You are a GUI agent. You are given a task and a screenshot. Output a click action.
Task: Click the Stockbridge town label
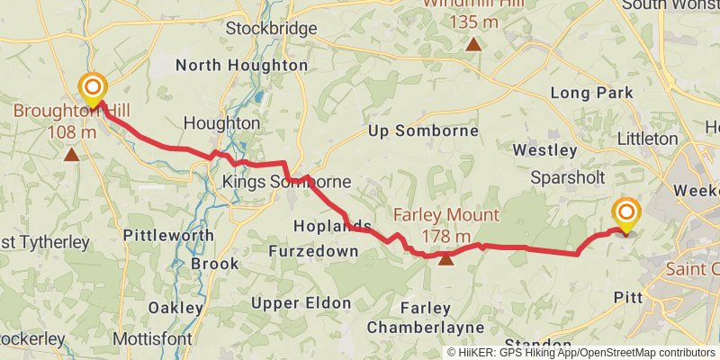pyautogui.click(x=271, y=29)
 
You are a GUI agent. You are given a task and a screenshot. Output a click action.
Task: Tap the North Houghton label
pyautogui.click(x=241, y=66)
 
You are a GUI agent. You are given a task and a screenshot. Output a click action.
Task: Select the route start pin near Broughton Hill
pyautogui.click(x=93, y=89)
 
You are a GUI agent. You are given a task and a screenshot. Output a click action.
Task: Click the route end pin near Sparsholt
pyautogui.click(x=625, y=214)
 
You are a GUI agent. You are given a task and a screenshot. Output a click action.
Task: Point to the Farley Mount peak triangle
pyautogui.click(x=445, y=259)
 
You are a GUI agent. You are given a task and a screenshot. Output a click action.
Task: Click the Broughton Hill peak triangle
pyautogui.click(x=71, y=154)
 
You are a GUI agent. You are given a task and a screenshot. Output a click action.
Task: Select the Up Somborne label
pyautogui.click(x=423, y=131)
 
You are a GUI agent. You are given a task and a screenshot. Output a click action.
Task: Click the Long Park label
pyautogui.click(x=591, y=93)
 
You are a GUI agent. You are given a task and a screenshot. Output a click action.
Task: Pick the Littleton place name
pyautogui.click(x=648, y=139)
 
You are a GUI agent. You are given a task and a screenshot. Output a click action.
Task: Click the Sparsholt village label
pyautogui.click(x=567, y=176)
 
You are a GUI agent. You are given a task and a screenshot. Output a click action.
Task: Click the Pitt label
pyautogui.click(x=626, y=297)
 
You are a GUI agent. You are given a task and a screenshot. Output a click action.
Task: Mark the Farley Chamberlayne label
pyautogui.click(x=425, y=317)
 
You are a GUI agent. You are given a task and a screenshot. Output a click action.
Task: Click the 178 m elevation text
pyautogui.click(x=445, y=237)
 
